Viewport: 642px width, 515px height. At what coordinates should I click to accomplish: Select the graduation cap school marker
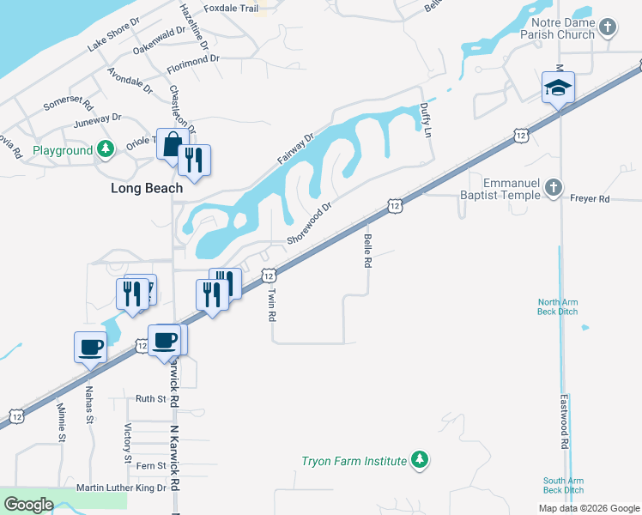(x=558, y=88)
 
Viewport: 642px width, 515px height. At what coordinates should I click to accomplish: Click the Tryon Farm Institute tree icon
(x=420, y=461)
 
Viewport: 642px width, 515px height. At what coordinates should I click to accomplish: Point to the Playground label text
(x=63, y=150)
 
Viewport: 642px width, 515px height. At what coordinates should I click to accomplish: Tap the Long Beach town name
(x=146, y=188)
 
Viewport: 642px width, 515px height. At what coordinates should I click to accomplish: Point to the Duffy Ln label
(x=424, y=118)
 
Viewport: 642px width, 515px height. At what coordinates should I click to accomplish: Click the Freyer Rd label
(x=590, y=199)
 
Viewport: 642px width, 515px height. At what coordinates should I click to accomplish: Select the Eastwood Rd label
(x=565, y=421)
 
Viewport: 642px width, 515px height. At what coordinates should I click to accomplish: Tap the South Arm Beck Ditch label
(x=563, y=485)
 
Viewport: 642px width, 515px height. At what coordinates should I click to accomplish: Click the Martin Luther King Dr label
(x=121, y=488)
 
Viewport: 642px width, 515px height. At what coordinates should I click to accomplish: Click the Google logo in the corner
(x=28, y=505)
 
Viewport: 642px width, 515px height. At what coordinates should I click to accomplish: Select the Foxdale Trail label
(x=231, y=9)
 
